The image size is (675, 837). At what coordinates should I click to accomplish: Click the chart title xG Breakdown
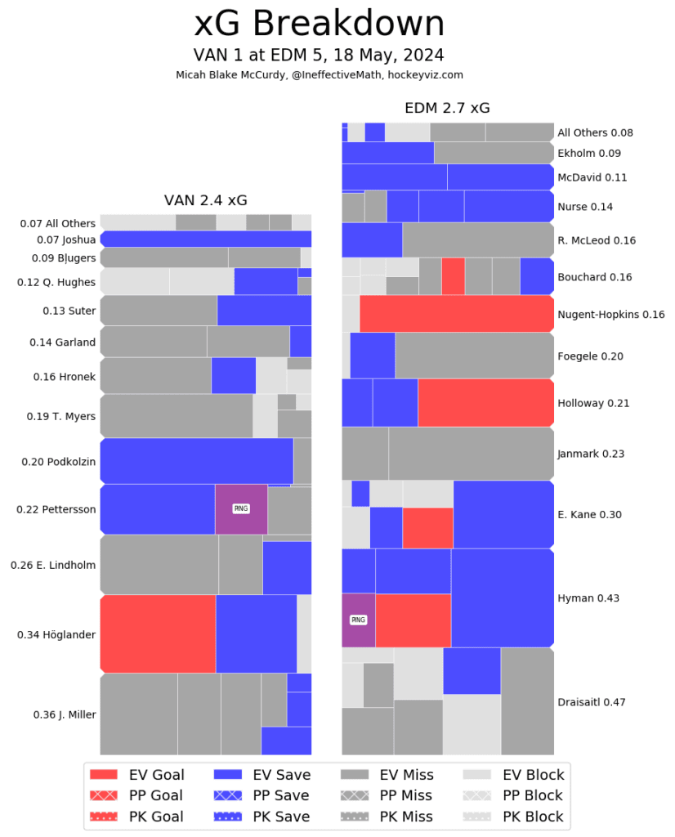pyautogui.click(x=319, y=25)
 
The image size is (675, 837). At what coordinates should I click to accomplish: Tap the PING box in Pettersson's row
pyautogui.click(x=241, y=508)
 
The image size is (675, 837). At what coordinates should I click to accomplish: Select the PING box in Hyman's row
pyautogui.click(x=358, y=620)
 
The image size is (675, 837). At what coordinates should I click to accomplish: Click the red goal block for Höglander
pyautogui.click(x=158, y=633)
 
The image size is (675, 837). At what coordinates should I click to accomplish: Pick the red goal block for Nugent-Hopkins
pyautogui.click(x=456, y=314)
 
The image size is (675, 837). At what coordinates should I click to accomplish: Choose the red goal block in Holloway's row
pyautogui.click(x=485, y=403)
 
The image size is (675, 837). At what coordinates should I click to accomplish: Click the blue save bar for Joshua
pyautogui.click(x=205, y=239)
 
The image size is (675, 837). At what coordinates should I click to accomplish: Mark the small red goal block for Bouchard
pyautogui.click(x=453, y=275)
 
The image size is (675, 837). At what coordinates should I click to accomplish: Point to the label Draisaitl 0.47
pyautogui.click(x=592, y=701)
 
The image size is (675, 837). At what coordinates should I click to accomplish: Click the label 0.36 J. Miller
pyautogui.click(x=65, y=714)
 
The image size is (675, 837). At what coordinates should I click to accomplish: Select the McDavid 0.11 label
pyautogui.click(x=592, y=177)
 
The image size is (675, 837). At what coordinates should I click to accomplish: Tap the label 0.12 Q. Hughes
pyautogui.click(x=56, y=283)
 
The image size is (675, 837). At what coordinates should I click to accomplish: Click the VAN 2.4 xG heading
pyautogui.click(x=205, y=200)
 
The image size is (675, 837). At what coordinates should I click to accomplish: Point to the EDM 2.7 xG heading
pyautogui.click(x=447, y=109)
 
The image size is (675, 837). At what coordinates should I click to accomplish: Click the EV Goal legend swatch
pyautogui.click(x=105, y=774)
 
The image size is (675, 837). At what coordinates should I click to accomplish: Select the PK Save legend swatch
pyautogui.click(x=230, y=816)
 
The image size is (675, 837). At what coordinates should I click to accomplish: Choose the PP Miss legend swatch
pyautogui.click(x=357, y=795)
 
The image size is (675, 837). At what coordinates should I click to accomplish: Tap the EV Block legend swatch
pyautogui.click(x=480, y=774)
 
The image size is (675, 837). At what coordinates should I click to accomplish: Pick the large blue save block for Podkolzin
pyautogui.click(x=196, y=461)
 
